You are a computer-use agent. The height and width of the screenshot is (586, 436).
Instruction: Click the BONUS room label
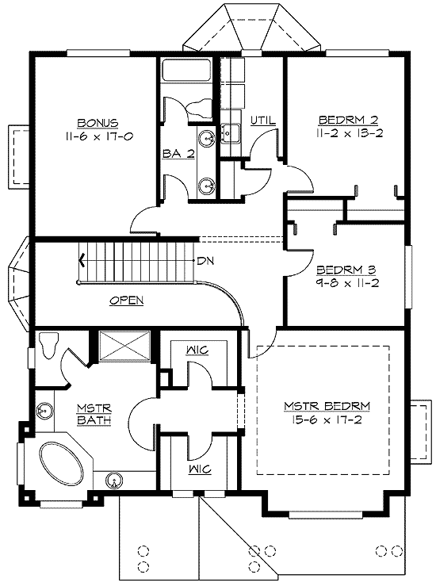[98, 123]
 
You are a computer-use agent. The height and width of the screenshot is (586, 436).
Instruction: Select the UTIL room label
[262, 121]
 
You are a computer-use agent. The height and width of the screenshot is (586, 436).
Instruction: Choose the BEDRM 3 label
[342, 268]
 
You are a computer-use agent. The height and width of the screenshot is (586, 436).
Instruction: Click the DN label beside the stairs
[205, 260]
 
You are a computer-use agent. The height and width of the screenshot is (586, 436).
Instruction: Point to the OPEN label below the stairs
[125, 301]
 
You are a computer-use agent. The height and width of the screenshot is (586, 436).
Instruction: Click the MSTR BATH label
[94, 414]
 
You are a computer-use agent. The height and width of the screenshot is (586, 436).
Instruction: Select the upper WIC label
[197, 350]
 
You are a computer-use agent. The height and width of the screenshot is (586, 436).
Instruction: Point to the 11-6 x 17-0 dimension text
[98, 136]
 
